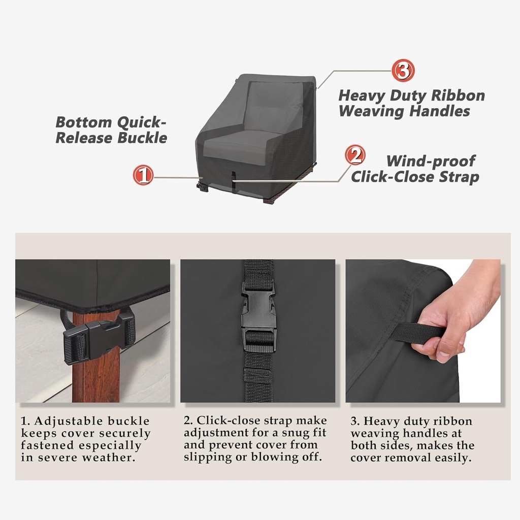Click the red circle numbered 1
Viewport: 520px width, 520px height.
(143, 175)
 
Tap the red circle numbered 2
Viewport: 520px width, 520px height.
(355, 155)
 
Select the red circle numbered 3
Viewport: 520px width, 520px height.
(403, 71)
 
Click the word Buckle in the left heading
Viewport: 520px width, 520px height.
(142, 138)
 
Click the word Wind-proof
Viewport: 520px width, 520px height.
(430, 161)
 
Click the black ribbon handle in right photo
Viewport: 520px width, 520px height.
(416, 334)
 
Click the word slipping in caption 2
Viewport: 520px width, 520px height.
(205, 457)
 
